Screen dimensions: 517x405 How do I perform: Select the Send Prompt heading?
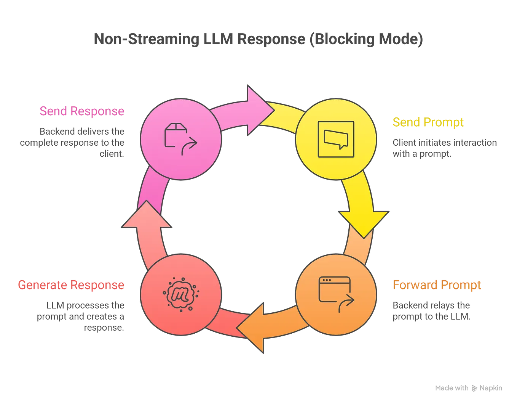click(x=428, y=122)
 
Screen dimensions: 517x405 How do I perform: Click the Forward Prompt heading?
click(x=437, y=285)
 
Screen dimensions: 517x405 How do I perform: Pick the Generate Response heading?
click(x=71, y=285)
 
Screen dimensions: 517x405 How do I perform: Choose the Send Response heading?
click(x=82, y=111)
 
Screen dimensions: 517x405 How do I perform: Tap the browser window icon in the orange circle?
click(x=337, y=294)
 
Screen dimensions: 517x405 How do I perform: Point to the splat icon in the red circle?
click(x=181, y=295)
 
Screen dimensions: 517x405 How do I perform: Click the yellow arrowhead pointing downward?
click(x=364, y=224)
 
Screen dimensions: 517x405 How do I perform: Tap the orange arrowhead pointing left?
click(x=250, y=328)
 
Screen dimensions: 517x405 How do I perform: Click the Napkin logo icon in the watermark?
click(x=474, y=388)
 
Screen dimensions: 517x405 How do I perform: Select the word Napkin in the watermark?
click(x=491, y=388)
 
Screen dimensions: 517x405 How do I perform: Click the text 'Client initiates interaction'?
click(x=445, y=143)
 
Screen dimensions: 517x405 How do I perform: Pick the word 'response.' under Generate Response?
click(x=104, y=328)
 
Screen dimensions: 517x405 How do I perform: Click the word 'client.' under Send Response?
click(x=112, y=154)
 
